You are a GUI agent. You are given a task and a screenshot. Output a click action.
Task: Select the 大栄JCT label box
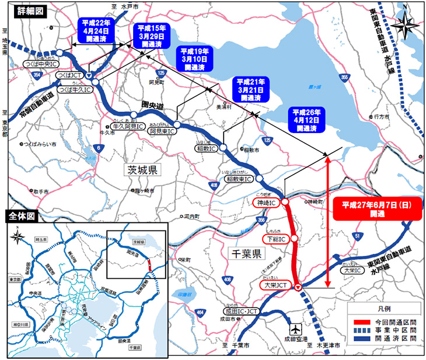275,285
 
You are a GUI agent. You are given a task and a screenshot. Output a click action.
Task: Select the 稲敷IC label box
205,149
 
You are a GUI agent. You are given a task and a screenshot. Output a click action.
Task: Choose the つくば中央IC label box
40,62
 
